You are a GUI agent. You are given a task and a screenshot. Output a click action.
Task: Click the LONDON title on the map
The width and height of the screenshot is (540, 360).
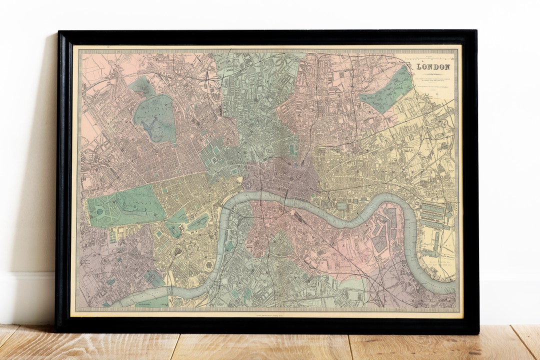coord(433,67)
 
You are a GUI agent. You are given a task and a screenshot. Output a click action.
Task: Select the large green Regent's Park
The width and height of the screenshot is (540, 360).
coord(155,118)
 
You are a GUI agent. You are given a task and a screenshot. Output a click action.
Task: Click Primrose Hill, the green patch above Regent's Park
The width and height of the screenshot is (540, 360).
coord(142,86)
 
